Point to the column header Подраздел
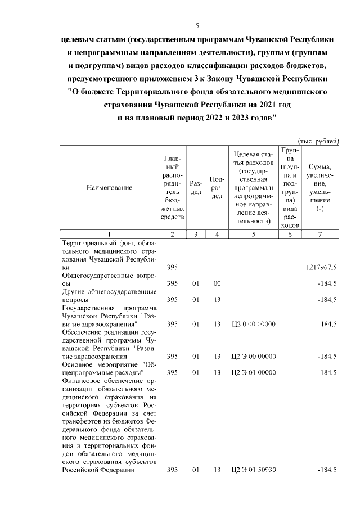217,188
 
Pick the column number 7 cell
320,234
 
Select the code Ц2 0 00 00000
254,324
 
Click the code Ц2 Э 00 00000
254,356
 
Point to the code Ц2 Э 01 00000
254,372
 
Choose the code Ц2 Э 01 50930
254,469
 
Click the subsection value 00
217,283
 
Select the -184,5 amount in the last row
327,469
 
